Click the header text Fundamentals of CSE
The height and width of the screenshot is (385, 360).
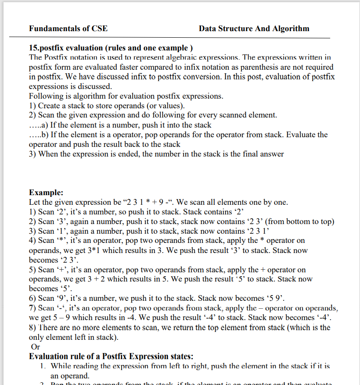(68, 29)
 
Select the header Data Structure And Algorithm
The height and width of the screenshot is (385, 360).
(254, 29)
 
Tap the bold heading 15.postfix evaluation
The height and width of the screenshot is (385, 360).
(111, 48)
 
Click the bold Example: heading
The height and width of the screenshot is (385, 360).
(46, 192)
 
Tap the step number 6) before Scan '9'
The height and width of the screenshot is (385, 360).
(32, 299)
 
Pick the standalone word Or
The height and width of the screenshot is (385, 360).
(35, 347)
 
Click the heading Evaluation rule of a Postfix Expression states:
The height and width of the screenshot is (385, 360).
(111, 356)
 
